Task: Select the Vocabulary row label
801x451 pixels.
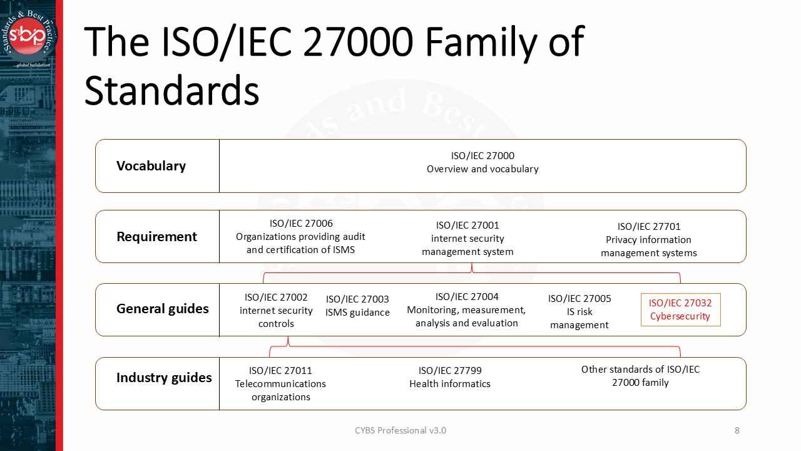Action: (x=151, y=166)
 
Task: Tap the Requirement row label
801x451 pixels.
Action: (x=156, y=237)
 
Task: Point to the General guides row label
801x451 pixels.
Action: (x=162, y=309)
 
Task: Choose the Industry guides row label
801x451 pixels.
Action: (x=164, y=378)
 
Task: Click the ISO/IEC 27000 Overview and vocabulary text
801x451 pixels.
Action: (x=482, y=162)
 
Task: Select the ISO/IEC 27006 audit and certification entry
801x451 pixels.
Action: (x=300, y=237)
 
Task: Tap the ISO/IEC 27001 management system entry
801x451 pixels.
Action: (x=467, y=239)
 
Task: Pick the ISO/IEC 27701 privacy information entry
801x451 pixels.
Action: (x=648, y=240)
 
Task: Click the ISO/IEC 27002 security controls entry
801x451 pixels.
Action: (x=276, y=311)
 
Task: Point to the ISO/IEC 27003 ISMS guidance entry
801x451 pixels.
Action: (x=357, y=306)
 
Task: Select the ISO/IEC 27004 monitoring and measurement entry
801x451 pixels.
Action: (x=466, y=310)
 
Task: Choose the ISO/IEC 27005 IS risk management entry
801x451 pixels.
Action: (x=579, y=312)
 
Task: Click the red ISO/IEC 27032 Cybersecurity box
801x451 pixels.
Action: (x=680, y=309)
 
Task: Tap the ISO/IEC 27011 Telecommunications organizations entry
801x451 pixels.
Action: (x=280, y=383)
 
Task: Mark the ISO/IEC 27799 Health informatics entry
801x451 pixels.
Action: (x=450, y=377)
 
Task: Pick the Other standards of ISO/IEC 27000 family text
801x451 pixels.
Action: (x=640, y=376)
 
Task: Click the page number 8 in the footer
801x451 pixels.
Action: (x=737, y=430)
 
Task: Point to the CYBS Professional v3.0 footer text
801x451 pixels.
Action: (x=400, y=430)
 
